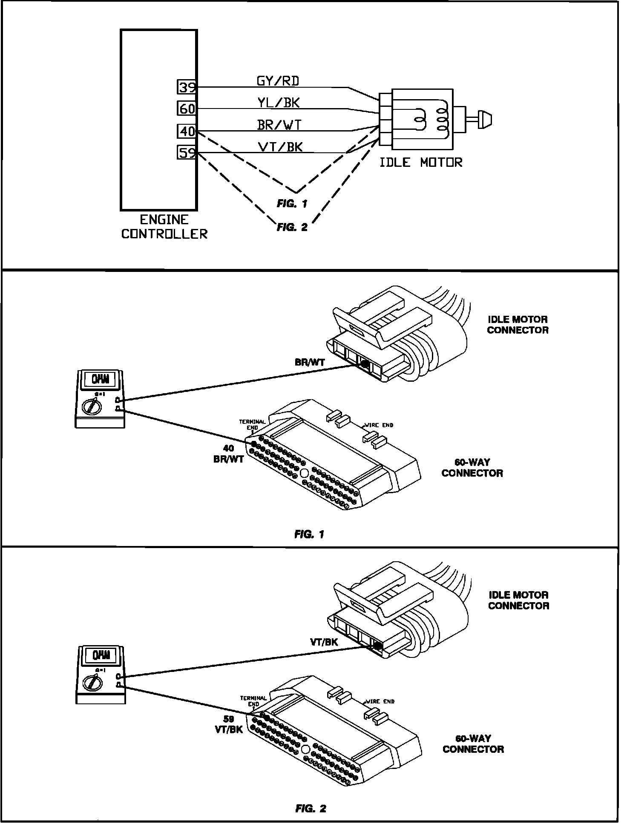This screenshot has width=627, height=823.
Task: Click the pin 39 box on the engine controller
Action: (186, 87)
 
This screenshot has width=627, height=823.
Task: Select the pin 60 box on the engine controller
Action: (186, 109)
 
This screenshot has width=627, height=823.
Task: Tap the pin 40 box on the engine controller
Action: (186, 131)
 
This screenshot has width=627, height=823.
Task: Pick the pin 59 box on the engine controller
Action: (186, 152)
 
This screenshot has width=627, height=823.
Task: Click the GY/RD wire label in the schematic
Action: (277, 80)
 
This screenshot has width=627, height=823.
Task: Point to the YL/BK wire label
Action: (278, 102)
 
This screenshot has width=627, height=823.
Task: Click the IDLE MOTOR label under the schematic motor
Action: (420, 162)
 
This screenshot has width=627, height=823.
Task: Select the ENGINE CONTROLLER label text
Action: (164, 227)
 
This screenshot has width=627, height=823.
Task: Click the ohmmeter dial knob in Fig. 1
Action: (92, 406)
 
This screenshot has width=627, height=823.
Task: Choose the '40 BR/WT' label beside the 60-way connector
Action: (228, 454)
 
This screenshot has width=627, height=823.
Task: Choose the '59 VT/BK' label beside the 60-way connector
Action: (229, 724)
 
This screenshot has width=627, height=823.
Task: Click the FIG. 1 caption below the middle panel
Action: (309, 534)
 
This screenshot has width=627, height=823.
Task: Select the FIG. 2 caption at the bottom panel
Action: (311, 809)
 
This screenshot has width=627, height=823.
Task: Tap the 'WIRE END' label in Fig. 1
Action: (379, 425)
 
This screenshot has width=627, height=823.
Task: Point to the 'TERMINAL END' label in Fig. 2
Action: (253, 701)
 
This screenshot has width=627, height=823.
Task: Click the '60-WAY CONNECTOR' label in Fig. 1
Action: (472, 467)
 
